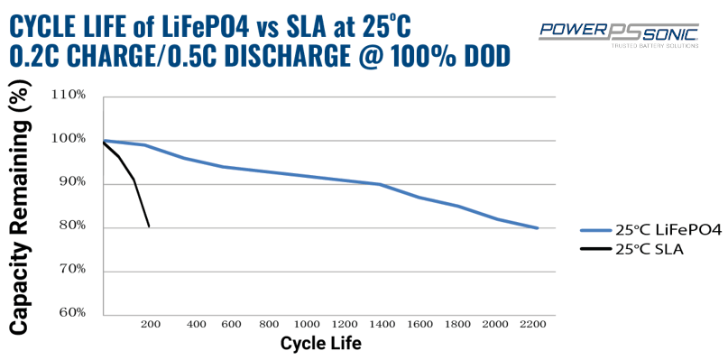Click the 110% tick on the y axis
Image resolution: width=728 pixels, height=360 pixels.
(x=69, y=95)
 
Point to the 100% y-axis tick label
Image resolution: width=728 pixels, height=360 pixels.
(x=69, y=139)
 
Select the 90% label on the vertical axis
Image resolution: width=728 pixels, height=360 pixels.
(x=72, y=182)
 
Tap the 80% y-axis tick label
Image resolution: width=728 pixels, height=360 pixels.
(x=72, y=226)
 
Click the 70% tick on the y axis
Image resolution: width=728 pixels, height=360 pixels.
(x=72, y=269)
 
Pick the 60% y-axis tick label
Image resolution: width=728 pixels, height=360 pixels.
(x=72, y=312)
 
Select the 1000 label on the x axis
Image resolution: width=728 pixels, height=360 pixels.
(x=306, y=324)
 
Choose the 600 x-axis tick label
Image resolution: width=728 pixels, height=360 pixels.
(x=228, y=324)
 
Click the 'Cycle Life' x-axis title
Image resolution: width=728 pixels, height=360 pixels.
(x=322, y=344)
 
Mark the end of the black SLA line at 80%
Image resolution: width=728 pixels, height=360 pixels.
(x=149, y=226)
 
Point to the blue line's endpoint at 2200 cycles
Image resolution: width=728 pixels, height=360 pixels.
(x=538, y=228)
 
